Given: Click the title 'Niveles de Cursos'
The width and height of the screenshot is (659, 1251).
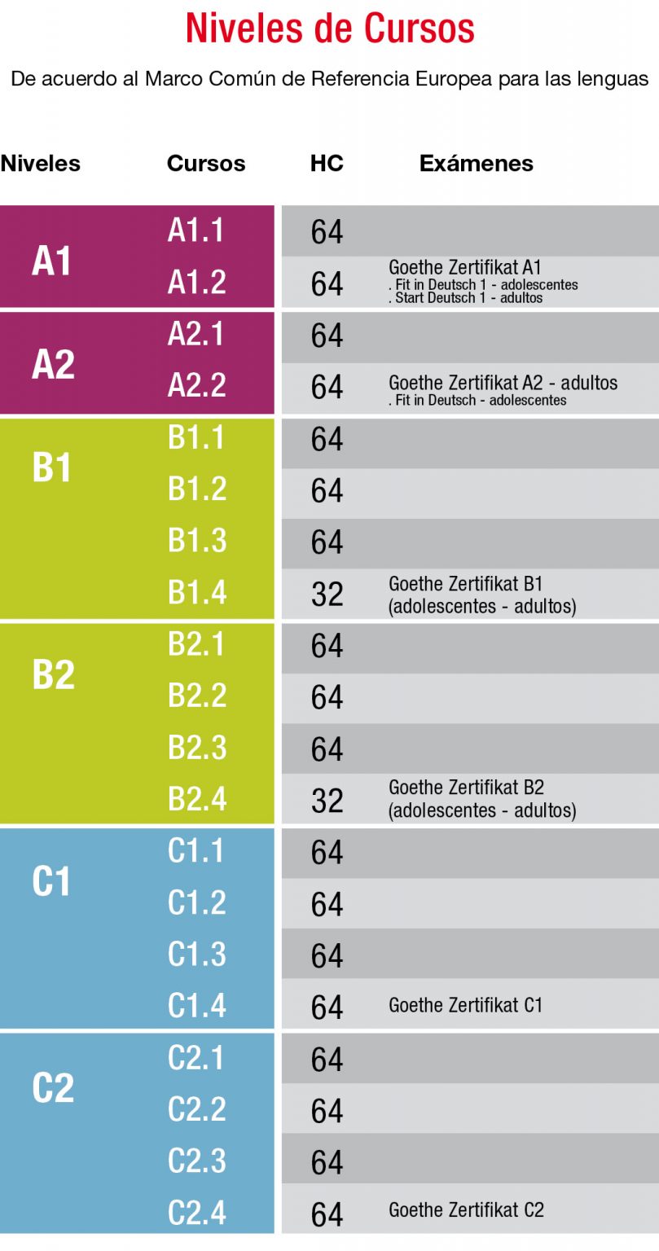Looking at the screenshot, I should pyautogui.click(x=330, y=29).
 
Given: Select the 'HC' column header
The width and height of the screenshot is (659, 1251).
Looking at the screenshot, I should pyautogui.click(x=327, y=163).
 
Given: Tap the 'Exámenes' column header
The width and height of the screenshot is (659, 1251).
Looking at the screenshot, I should pyautogui.click(x=477, y=163).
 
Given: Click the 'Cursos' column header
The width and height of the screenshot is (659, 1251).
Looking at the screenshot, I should pyautogui.click(x=206, y=163).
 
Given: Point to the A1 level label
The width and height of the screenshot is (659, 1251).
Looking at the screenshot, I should pyautogui.click(x=52, y=261).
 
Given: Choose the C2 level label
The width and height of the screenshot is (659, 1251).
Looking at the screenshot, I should pyautogui.click(x=53, y=1088).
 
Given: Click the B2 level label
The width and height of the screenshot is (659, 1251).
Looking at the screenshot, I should pyautogui.click(x=53, y=674).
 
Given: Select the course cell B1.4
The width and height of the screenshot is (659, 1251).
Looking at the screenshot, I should pyautogui.click(x=197, y=592).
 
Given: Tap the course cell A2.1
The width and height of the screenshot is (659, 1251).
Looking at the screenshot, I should pyautogui.click(x=196, y=334).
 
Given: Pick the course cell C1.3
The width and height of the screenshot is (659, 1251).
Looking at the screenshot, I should pyautogui.click(x=197, y=954).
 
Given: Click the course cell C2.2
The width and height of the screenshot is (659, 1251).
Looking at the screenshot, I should pyautogui.click(x=197, y=1109).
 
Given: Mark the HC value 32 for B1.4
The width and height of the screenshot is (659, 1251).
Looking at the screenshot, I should pyautogui.click(x=327, y=594).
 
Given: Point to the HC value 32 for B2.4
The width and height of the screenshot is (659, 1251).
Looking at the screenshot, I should pyautogui.click(x=327, y=801).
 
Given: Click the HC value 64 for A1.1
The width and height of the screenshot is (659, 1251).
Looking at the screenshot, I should pyautogui.click(x=327, y=232).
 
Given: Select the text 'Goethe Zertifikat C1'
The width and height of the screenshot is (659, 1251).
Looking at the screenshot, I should pyautogui.click(x=465, y=1005).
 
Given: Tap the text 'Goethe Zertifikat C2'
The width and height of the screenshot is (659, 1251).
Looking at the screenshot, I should pyautogui.click(x=466, y=1209).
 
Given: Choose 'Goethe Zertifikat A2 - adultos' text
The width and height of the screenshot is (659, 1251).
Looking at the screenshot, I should pyautogui.click(x=503, y=383).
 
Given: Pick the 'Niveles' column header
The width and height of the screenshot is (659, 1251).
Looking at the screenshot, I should pyautogui.click(x=41, y=163).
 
